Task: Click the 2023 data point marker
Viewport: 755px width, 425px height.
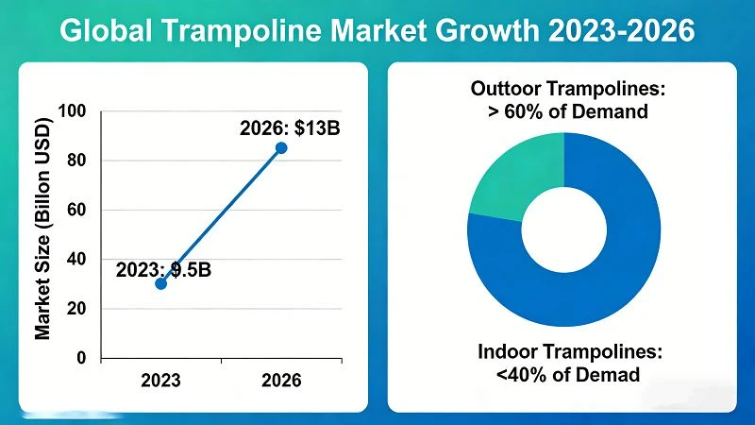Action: pos(160,284)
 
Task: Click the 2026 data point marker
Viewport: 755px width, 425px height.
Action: pos(281,148)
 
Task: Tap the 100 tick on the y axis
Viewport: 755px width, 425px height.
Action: pos(72,111)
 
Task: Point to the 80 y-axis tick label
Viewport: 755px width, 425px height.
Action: pos(76,161)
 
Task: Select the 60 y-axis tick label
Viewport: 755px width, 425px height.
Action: pos(76,210)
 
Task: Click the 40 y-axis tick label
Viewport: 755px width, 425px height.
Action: pos(76,259)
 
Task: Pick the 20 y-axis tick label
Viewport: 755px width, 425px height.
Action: pos(76,309)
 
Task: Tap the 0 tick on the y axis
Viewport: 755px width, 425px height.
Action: pos(81,358)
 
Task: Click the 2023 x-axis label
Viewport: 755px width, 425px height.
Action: pos(160,381)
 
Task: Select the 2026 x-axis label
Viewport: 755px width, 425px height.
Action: pos(281,381)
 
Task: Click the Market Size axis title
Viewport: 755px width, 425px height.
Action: pos(42,229)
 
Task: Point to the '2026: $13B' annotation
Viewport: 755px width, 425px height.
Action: pos(290,128)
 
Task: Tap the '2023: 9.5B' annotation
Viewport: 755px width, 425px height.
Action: pos(163,270)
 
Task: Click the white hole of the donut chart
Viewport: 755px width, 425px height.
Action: pos(563,229)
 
